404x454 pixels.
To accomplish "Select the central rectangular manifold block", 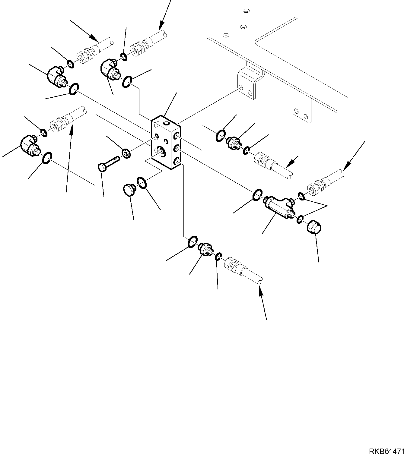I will pos(165,143).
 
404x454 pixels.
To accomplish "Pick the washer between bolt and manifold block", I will pos(126,153).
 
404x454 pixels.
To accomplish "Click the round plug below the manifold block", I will pos(129,191).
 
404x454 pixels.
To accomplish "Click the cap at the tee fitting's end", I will pos(314,227).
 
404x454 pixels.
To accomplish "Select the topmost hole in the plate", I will pos(247,11).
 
